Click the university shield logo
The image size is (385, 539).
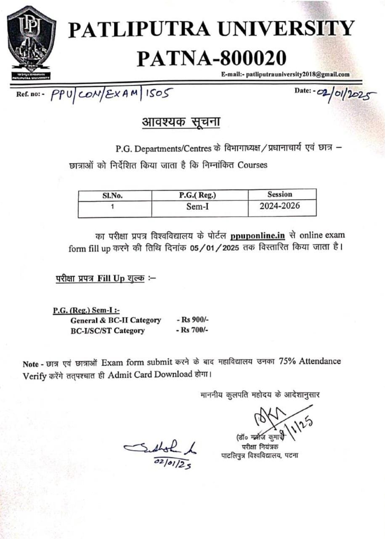[32, 43]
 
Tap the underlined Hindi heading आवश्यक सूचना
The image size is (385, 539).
[181, 123]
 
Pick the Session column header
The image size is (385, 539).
[279, 195]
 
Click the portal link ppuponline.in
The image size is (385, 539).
[258, 235]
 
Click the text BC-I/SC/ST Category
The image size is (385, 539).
[108, 331]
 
